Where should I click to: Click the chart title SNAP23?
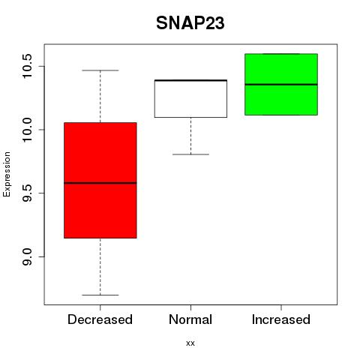pyautogui.click(x=190, y=23)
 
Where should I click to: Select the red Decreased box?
pyautogui.click(x=100, y=180)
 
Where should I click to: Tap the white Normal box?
pyautogui.click(x=190, y=99)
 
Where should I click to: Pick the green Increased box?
pyautogui.click(x=281, y=85)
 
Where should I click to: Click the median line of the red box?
pyautogui.click(x=100, y=183)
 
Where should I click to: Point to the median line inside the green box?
pyautogui.click(x=281, y=85)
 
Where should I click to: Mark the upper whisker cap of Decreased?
pyautogui.click(x=100, y=70)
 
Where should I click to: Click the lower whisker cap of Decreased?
pyautogui.click(x=100, y=295)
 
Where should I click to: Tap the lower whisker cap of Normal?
pyautogui.click(x=190, y=154)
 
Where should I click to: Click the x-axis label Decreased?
pyautogui.click(x=100, y=319)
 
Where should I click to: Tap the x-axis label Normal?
pyautogui.click(x=190, y=319)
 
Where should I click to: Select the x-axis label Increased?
pyautogui.click(x=281, y=319)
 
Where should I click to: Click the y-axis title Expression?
pyautogui.click(x=7, y=174)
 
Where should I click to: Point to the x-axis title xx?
pyautogui.click(x=190, y=343)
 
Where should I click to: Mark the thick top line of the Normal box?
pyautogui.click(x=190, y=80)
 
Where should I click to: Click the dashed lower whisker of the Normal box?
pyautogui.click(x=191, y=136)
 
